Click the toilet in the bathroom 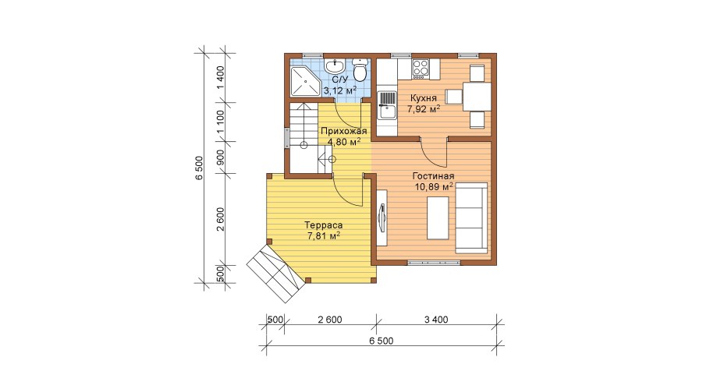click(360, 70)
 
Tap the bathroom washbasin click(335, 65)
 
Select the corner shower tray click(304, 81)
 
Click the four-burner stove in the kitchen click(421, 69)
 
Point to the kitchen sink click(387, 105)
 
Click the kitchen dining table click(477, 97)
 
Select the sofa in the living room click(471, 218)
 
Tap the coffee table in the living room click(438, 218)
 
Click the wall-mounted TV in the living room click(382, 218)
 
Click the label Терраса click(323, 225)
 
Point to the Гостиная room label click(433, 176)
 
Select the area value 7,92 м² click(424, 108)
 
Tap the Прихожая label click(343, 131)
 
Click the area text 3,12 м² click(339, 90)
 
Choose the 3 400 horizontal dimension click(436, 320)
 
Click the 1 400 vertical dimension click(220, 77)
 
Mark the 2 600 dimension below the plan click(329, 320)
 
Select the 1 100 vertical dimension click(220, 122)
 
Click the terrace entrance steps click(275, 273)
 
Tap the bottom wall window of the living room click(435, 262)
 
